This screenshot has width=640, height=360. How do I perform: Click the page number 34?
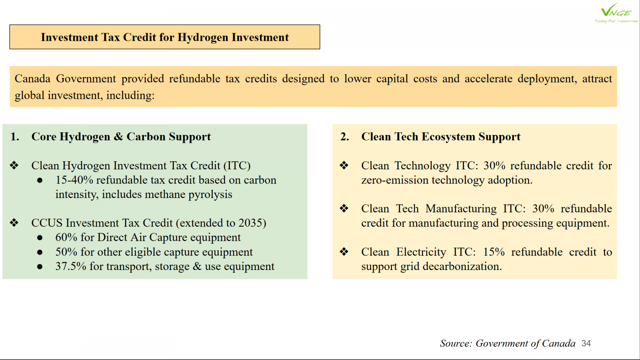click(x=586, y=343)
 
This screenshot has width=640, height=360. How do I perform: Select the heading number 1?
click(x=15, y=136)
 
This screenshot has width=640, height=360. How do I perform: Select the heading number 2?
click(x=345, y=136)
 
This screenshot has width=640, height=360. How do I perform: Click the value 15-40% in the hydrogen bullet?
click(x=74, y=180)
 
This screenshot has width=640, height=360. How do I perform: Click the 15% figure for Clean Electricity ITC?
click(x=494, y=252)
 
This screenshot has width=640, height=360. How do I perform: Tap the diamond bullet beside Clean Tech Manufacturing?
click(x=344, y=208)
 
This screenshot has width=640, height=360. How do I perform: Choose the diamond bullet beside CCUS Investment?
click(x=14, y=222)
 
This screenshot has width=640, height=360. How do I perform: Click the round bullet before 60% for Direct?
click(x=40, y=238)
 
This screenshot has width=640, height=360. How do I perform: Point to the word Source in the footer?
click(x=456, y=343)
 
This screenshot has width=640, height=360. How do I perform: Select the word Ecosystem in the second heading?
click(x=448, y=137)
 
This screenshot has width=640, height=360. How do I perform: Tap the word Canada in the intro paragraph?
click(x=32, y=78)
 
